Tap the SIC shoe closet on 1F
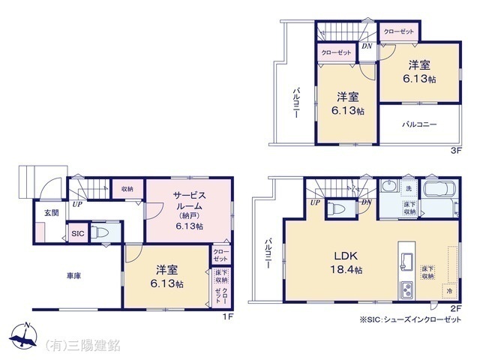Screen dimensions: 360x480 (78, 234)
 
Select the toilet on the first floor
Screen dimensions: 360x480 (103, 233)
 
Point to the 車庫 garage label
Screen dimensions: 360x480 (73, 276)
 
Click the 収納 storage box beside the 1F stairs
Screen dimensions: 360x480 (127, 189)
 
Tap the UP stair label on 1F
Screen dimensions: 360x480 (77, 203)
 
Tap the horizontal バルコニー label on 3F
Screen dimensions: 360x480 (418, 124)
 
